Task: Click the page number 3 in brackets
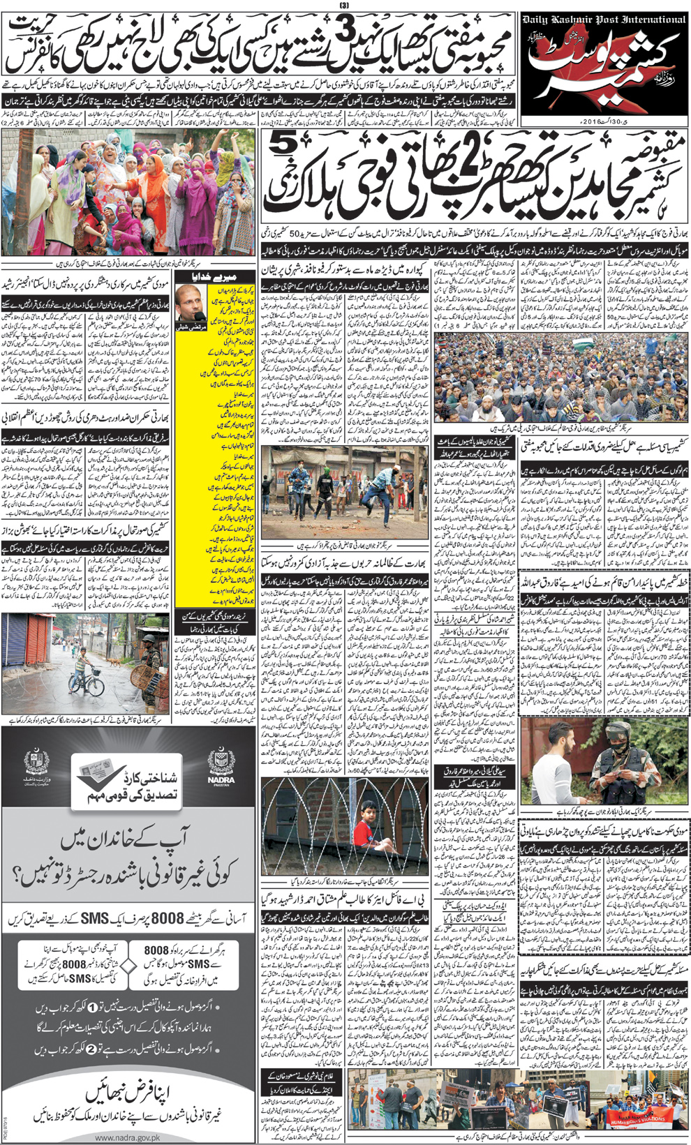[344, 6]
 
